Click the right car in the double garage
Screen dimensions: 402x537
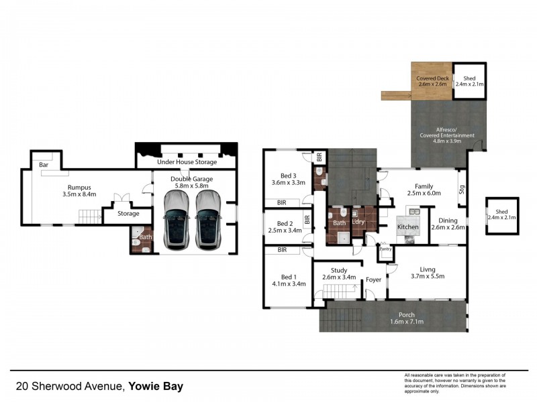(x=208, y=218)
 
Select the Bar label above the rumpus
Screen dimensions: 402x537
(x=43, y=164)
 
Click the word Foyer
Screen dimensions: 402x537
(x=373, y=281)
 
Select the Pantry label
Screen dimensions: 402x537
(x=385, y=249)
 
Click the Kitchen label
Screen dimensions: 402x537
(x=407, y=227)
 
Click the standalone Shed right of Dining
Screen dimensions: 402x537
(x=502, y=214)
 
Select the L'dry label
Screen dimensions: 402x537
(x=358, y=222)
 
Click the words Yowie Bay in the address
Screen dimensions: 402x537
(x=156, y=387)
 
